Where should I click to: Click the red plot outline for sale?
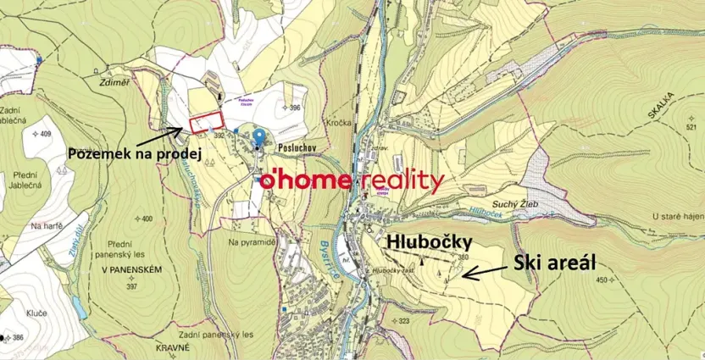[x=205, y=124]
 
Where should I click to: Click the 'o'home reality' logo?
[x=351, y=180]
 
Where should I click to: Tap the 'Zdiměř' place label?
[x=114, y=83]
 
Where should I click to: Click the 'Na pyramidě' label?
[x=253, y=242]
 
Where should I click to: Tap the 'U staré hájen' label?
[x=677, y=218]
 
